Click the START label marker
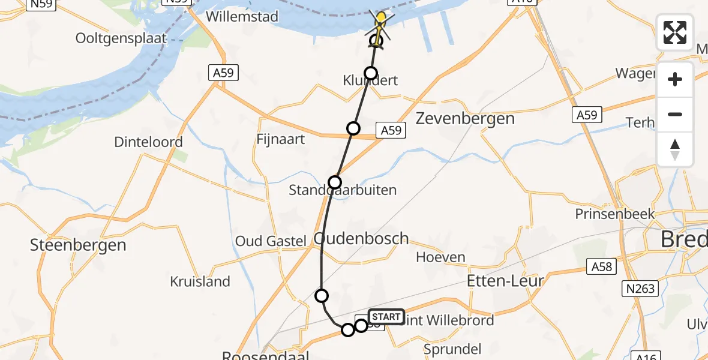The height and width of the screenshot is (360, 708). [x=385, y=316]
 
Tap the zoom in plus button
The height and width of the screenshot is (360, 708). [x=675, y=79]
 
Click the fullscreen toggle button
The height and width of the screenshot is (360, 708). [x=675, y=32]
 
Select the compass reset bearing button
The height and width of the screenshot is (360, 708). [x=675, y=149]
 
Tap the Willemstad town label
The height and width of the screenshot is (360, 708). [x=242, y=16]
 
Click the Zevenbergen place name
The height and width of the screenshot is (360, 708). [x=466, y=118]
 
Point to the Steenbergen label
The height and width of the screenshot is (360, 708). [x=79, y=245]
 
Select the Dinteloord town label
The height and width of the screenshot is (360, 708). [x=149, y=143]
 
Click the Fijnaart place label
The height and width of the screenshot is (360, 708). [x=280, y=139]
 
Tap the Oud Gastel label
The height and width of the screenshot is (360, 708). [x=271, y=241]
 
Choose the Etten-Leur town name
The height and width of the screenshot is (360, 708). [x=505, y=280]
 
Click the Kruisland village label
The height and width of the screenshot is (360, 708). [x=200, y=281]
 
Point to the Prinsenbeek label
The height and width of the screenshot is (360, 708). [x=609, y=214]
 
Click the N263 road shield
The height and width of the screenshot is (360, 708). [x=641, y=289]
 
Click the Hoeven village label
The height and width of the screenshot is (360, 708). [x=441, y=257]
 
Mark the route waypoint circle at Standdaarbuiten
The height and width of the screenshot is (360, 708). [x=335, y=182]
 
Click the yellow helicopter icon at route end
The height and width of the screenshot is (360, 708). [x=380, y=22]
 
